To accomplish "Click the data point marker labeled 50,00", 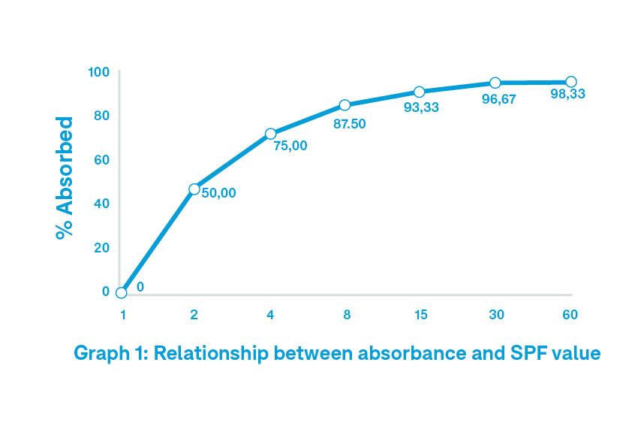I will click(x=194, y=189).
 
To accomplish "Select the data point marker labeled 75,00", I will click(x=270, y=134).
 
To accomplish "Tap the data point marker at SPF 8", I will click(x=345, y=105).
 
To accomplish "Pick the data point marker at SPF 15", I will click(x=420, y=92).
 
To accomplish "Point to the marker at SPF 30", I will click(x=495, y=83).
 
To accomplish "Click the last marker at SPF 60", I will click(x=571, y=82).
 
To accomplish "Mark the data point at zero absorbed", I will click(x=122, y=292).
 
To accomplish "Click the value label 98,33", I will click(x=567, y=95).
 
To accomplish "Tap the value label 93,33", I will click(x=421, y=107).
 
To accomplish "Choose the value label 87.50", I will click(x=349, y=124).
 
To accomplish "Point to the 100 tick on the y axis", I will click(x=99, y=72).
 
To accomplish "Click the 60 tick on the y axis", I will click(x=102, y=160).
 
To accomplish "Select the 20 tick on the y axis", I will click(x=102, y=248).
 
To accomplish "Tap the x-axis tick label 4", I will click(x=270, y=315).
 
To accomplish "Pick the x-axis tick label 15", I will click(x=420, y=315).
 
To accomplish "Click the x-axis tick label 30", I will click(x=495, y=315).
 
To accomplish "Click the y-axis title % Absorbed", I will click(x=65, y=178).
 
